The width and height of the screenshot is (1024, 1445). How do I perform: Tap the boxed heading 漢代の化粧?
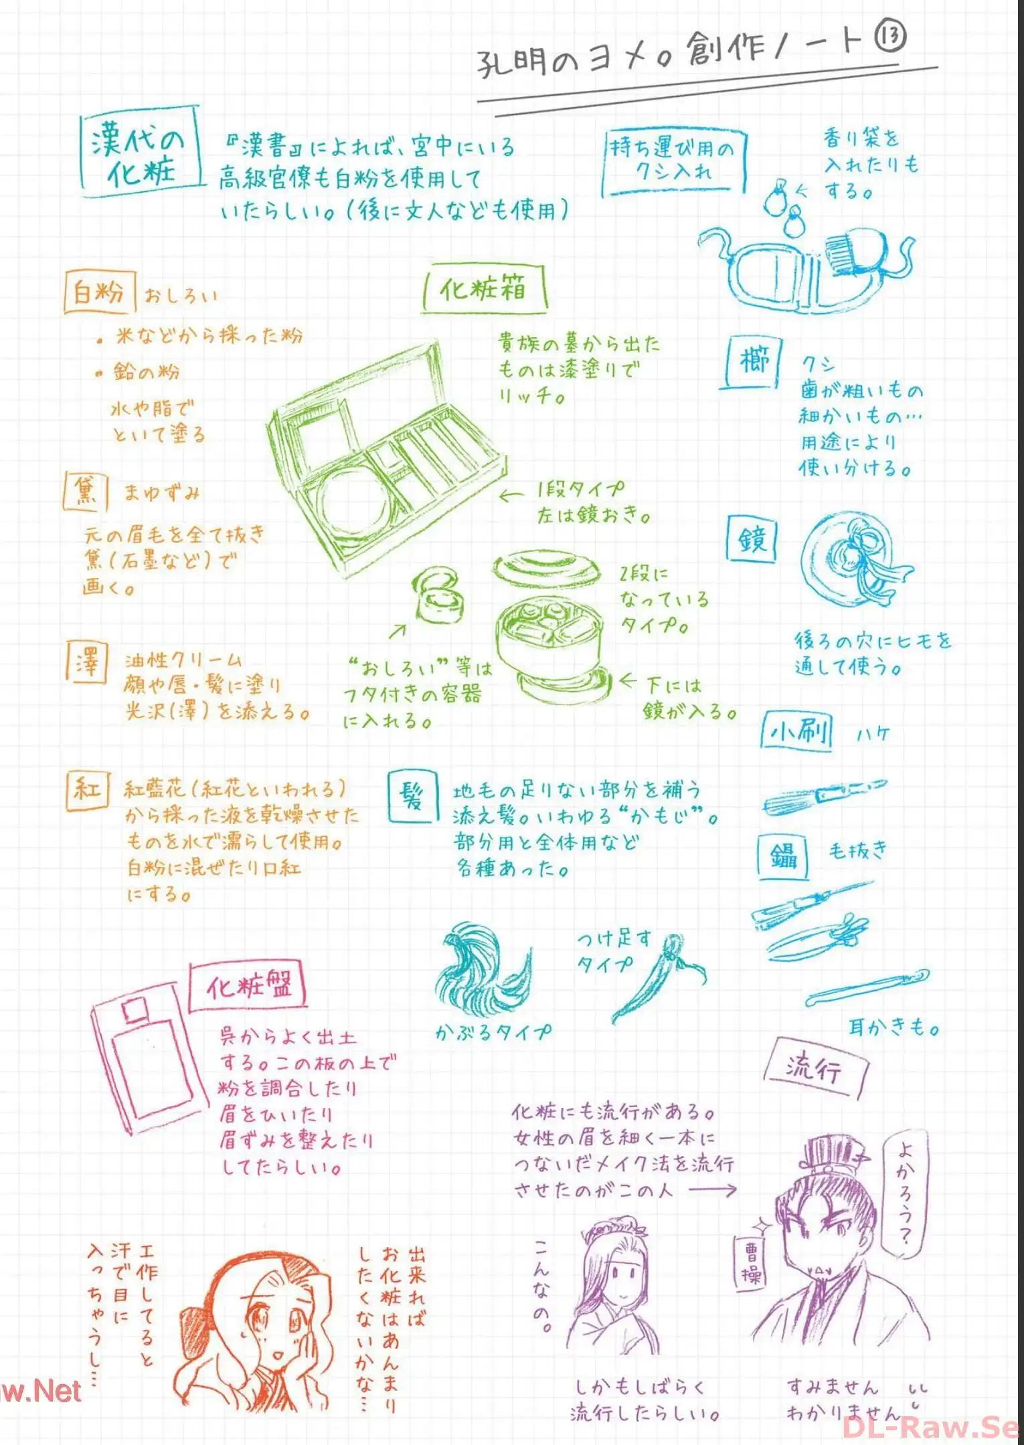click(x=141, y=153)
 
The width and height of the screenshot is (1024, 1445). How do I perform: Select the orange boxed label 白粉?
click(x=99, y=292)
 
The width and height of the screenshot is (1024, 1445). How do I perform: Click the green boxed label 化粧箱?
click(x=484, y=289)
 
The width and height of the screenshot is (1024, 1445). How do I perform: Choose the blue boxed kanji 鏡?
click(x=752, y=539)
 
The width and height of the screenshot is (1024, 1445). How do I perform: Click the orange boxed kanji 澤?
click(x=87, y=661)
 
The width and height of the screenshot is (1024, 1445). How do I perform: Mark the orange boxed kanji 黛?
click(x=86, y=492)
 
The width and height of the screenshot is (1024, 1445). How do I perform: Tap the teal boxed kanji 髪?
click(x=413, y=796)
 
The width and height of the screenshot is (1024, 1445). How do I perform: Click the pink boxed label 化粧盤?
click(x=248, y=987)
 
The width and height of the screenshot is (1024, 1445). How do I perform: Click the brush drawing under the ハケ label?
click(x=825, y=795)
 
